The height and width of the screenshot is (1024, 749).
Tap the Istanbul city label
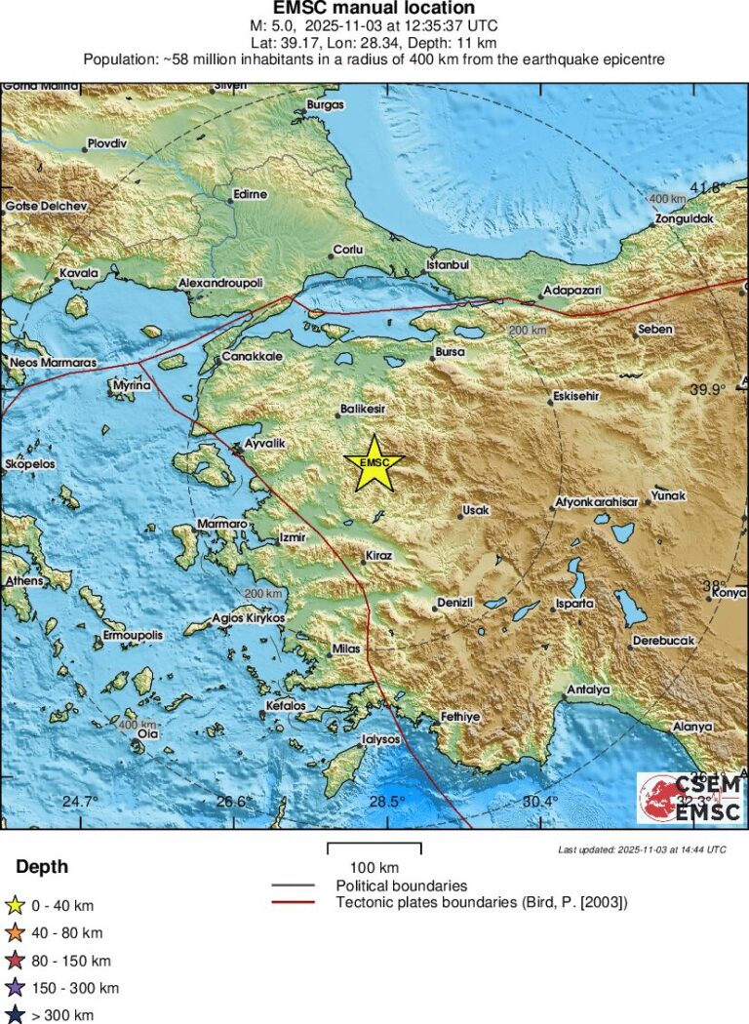(450, 265)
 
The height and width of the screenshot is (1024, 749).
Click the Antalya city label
(588, 689)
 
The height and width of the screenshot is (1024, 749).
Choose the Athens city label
(23, 581)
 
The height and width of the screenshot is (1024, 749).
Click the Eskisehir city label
(575, 397)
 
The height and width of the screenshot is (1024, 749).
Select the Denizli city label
(454, 603)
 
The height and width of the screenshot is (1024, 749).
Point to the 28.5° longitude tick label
(387, 802)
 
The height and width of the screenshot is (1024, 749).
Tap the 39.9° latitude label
(709, 389)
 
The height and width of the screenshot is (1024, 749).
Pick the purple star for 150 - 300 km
(15, 989)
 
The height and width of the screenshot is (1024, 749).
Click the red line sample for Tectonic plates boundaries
(293, 902)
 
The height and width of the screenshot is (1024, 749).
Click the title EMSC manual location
(374, 9)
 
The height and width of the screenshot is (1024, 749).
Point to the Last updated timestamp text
(642, 849)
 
